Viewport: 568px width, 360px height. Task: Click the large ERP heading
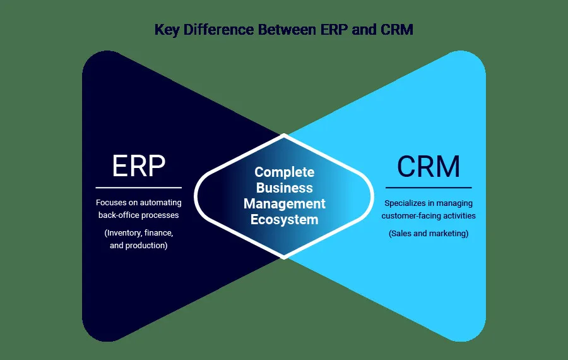click(139, 166)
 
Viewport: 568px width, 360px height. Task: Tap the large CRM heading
click(429, 166)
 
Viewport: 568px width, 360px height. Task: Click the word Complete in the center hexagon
click(284, 172)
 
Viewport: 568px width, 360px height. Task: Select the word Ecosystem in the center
click(284, 220)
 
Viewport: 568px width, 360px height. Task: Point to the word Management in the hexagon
click(284, 204)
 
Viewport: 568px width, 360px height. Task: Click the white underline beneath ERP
click(139, 188)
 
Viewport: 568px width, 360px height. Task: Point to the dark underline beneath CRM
click(429, 188)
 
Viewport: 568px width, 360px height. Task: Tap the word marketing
click(449, 233)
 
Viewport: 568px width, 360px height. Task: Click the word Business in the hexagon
click(284, 188)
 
